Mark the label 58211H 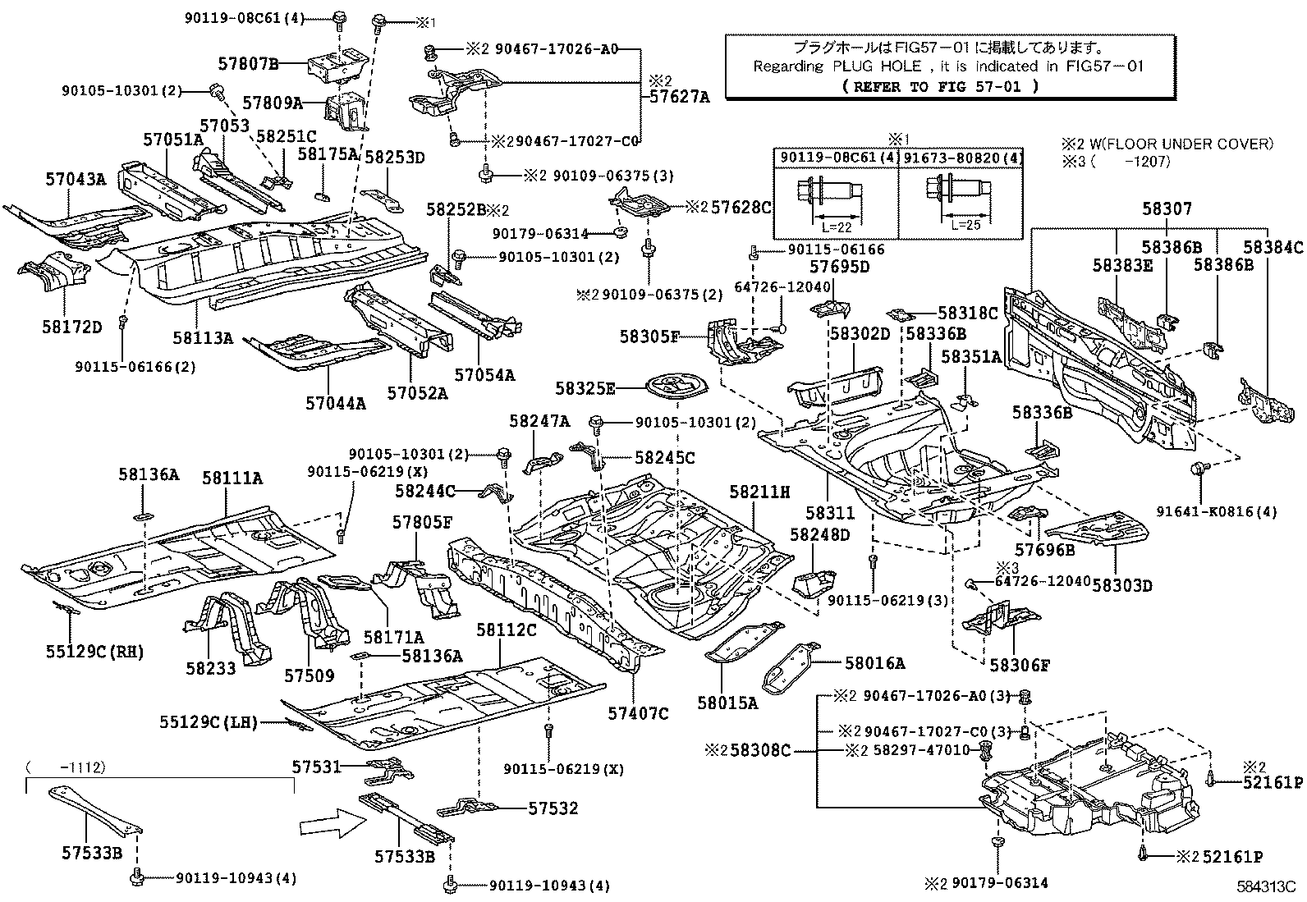759,492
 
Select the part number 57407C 638,713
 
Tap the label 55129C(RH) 94,652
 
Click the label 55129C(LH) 209,722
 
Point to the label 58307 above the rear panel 1166,209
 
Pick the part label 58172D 72,327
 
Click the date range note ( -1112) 65,767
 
